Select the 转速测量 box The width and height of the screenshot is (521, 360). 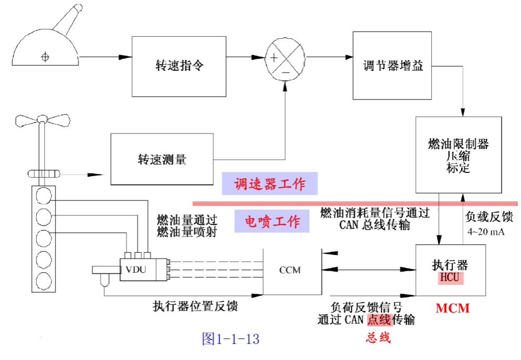(x=162, y=159)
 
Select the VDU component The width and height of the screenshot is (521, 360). (x=140, y=270)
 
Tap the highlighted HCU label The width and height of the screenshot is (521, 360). (x=451, y=277)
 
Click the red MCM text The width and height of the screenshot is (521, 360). (x=452, y=308)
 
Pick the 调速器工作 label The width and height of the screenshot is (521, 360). (x=269, y=184)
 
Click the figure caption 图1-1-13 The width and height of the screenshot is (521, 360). (x=231, y=339)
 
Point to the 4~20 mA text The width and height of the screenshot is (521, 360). (x=486, y=232)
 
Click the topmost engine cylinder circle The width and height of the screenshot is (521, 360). (x=44, y=196)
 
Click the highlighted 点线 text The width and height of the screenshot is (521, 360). (x=380, y=320)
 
